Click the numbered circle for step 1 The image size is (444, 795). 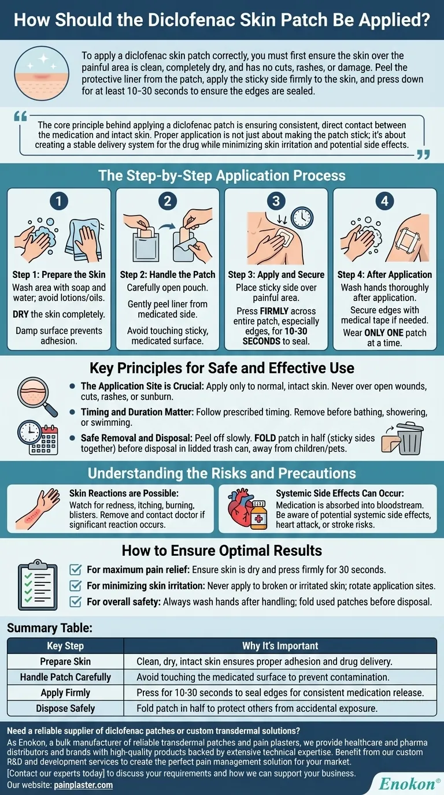59,201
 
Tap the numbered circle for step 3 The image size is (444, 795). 276,201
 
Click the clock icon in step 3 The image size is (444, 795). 302,218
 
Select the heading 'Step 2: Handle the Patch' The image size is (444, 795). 168,274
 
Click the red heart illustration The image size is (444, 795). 241,508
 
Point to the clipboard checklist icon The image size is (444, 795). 38,585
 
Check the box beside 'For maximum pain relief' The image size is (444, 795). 75,570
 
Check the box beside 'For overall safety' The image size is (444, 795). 75,601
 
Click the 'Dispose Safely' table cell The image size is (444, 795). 65,708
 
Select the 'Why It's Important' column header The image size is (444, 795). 280,645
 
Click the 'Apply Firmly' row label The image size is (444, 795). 65,692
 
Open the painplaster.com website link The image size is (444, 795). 83,785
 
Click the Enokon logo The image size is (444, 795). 409,783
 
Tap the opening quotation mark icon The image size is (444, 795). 21,116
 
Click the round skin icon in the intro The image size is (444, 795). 42,73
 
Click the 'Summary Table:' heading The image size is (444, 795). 50,627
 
